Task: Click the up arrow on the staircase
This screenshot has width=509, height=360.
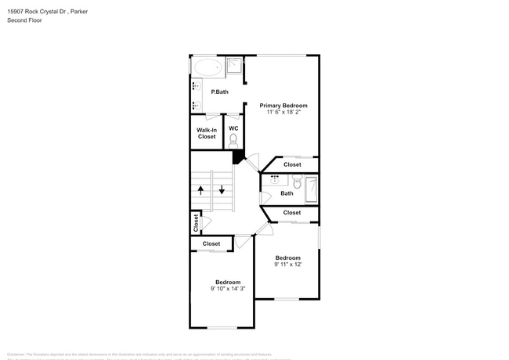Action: click(x=200, y=189)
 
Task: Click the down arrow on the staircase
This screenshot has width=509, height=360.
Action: click(x=222, y=189)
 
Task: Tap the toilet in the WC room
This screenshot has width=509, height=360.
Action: click(x=233, y=140)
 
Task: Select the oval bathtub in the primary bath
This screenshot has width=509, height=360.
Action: click(x=208, y=67)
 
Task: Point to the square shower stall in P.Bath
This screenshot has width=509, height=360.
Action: click(x=234, y=66)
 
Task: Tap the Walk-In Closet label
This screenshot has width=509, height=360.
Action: click(x=206, y=133)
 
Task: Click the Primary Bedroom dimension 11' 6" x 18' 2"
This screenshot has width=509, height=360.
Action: click(x=283, y=113)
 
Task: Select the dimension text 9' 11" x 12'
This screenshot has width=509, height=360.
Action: click(x=287, y=265)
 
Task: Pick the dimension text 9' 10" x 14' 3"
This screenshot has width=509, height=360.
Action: click(x=228, y=289)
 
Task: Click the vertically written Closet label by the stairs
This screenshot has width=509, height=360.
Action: click(x=196, y=223)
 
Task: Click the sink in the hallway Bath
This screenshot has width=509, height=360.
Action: click(x=275, y=178)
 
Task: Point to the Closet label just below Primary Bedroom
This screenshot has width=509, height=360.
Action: click(x=292, y=165)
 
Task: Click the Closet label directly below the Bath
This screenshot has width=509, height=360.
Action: click(x=292, y=212)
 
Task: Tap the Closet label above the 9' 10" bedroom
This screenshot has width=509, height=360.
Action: click(x=211, y=243)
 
